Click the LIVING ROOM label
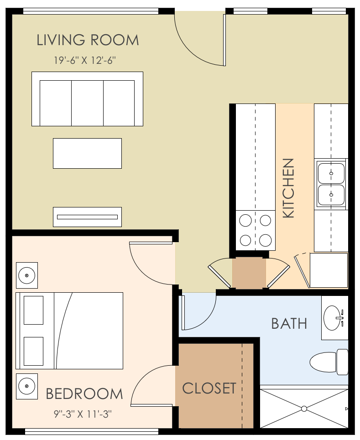[88, 40]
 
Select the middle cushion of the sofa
[87, 103]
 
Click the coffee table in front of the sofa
[87, 153]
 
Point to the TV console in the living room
[87, 217]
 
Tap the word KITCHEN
[288, 188]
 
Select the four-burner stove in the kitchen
[255, 230]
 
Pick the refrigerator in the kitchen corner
[329, 270]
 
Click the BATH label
[289, 324]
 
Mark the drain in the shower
[304, 409]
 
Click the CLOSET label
[209, 388]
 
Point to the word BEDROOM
[84, 393]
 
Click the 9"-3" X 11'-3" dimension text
[83, 414]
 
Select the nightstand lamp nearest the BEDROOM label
[27, 386]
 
